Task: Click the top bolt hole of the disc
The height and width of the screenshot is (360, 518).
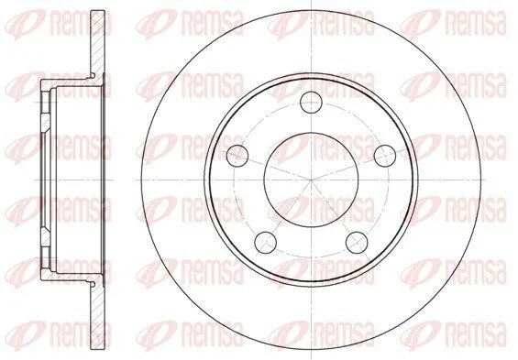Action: [x=311, y=103]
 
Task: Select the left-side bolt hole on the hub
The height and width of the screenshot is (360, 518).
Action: [x=237, y=156]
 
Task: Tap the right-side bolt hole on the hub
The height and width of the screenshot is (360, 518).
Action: [x=385, y=156]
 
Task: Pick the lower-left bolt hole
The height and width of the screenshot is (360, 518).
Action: [x=265, y=243]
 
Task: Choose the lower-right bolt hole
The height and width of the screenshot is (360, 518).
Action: [x=357, y=243]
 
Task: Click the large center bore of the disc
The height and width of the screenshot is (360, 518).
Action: [x=311, y=180]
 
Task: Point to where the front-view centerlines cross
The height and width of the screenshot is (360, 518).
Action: [x=311, y=180]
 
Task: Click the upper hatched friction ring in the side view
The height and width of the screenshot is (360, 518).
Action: [x=98, y=43]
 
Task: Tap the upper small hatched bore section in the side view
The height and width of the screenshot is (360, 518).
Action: [x=46, y=123]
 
